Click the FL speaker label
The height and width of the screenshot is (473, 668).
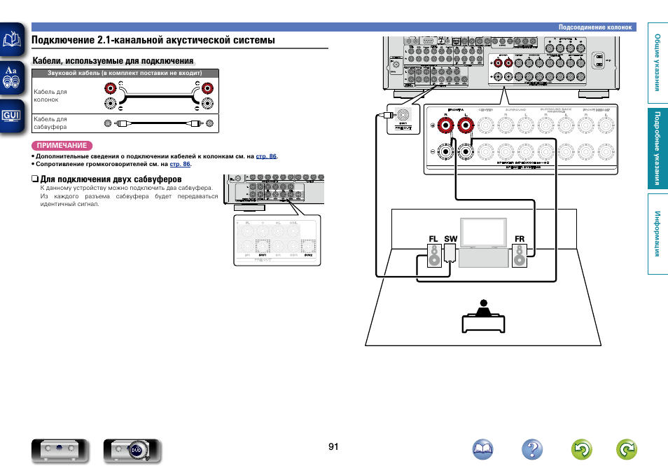[433, 240]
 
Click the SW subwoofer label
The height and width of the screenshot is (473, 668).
[450, 240]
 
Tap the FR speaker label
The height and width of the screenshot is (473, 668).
[519, 240]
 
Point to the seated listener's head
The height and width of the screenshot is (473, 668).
[482, 304]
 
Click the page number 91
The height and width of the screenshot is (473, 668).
[333, 446]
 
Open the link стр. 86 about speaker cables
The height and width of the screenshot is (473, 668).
[266, 156]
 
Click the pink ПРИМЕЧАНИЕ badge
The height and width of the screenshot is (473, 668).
[62, 146]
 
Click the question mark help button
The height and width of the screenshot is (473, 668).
[533, 450]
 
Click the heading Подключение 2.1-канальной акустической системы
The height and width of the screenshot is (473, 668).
[153, 41]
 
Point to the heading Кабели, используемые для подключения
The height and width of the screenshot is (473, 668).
[113, 62]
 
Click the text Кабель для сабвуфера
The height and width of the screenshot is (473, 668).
[50, 123]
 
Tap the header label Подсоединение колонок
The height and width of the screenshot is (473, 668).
[595, 27]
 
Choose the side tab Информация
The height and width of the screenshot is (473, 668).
[657, 233]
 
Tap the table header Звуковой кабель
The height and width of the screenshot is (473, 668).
[125, 73]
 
